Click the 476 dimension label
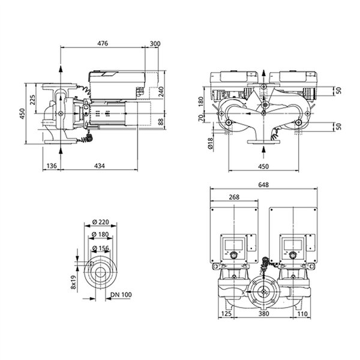point(103,43)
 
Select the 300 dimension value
point(155,43)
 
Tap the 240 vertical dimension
point(161,92)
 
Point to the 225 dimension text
point(33,100)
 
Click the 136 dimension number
point(52,166)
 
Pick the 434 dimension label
point(100,166)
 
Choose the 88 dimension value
point(161,122)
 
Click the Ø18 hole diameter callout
point(211,143)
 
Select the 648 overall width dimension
point(263,185)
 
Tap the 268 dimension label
point(234,197)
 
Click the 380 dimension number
point(263,313)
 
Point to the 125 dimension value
point(226,313)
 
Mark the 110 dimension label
point(302,313)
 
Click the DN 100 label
point(121,295)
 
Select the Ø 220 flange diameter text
point(101,222)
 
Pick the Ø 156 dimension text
point(101,248)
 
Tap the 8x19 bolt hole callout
point(73,283)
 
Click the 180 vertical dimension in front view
point(200,101)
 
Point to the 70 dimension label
point(200,118)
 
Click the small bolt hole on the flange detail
point(91,263)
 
